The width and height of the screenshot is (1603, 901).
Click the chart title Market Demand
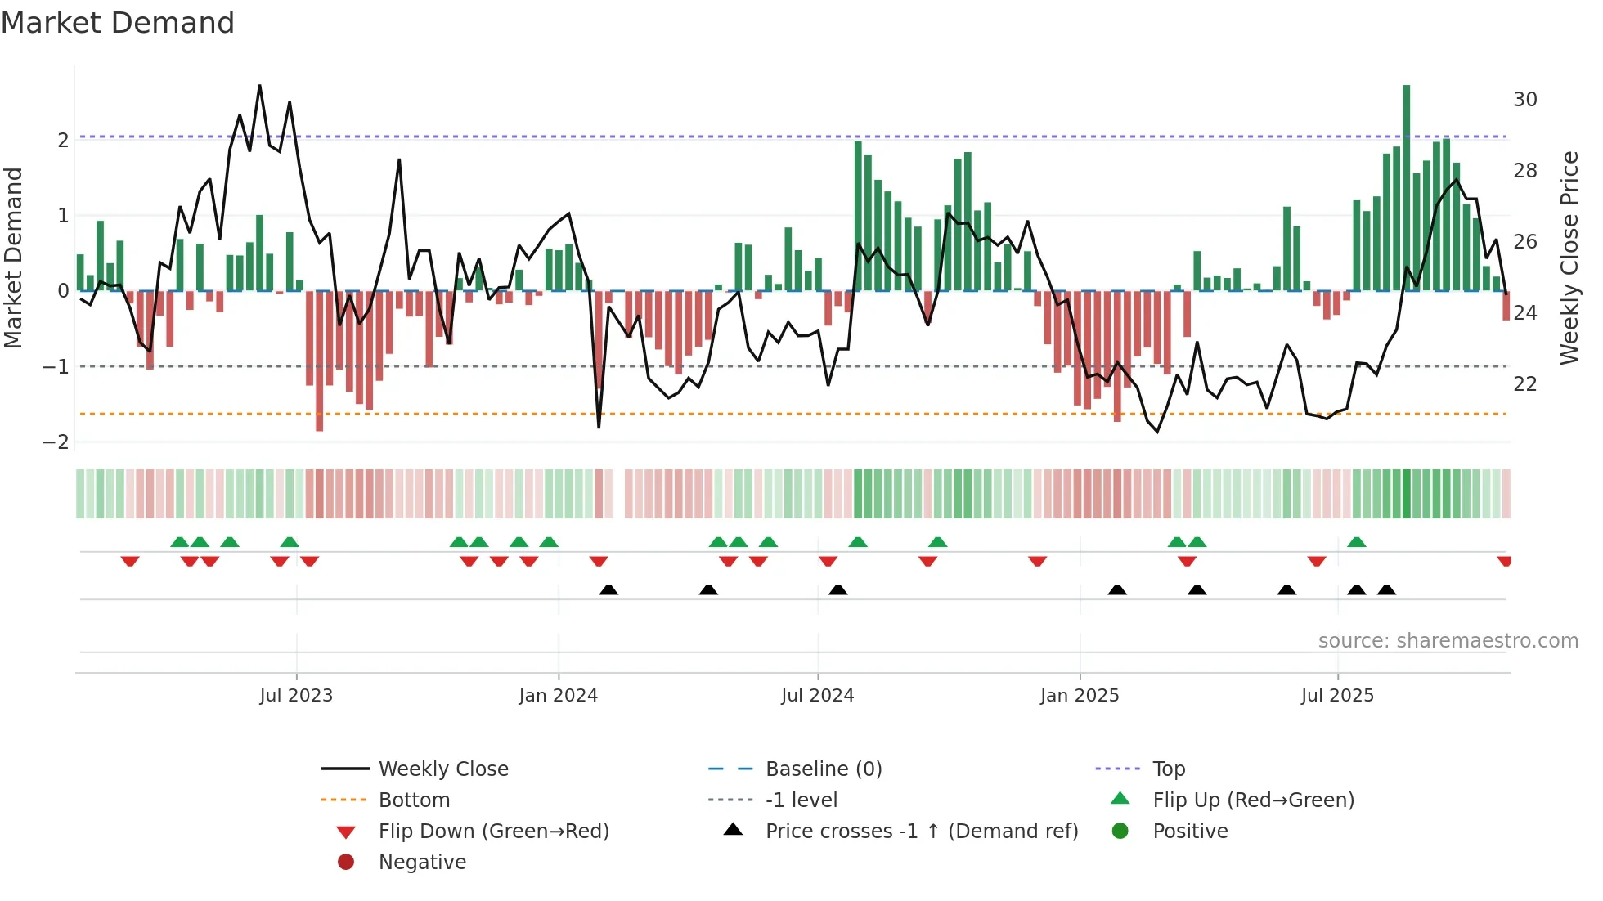point(118,23)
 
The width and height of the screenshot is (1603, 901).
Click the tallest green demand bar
point(1406,188)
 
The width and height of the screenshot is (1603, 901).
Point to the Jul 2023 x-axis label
point(296,696)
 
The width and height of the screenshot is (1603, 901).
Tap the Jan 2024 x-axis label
point(558,696)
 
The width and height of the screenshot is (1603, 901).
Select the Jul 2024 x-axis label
point(817,696)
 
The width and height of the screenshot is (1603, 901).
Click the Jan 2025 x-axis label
point(1080,696)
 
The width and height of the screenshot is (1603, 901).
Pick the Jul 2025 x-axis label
point(1337,696)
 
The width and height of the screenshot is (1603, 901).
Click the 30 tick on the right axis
point(1524,100)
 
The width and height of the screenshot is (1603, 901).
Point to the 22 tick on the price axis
point(1524,384)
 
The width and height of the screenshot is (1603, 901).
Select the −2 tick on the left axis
point(56,442)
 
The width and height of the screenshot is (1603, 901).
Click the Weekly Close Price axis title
point(1569,258)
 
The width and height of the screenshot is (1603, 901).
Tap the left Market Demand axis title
point(14,258)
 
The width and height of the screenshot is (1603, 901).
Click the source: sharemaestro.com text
point(1448,641)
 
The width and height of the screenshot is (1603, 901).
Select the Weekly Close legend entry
point(442,769)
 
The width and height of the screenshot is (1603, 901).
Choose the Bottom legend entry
point(414,800)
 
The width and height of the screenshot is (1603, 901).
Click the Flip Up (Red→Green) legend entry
point(1253,800)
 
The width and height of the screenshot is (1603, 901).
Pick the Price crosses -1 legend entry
point(921,832)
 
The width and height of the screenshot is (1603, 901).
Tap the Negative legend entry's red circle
point(346,863)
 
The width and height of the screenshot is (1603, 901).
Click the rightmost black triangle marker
point(1386,590)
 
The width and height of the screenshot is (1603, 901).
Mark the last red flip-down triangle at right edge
point(1504,561)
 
